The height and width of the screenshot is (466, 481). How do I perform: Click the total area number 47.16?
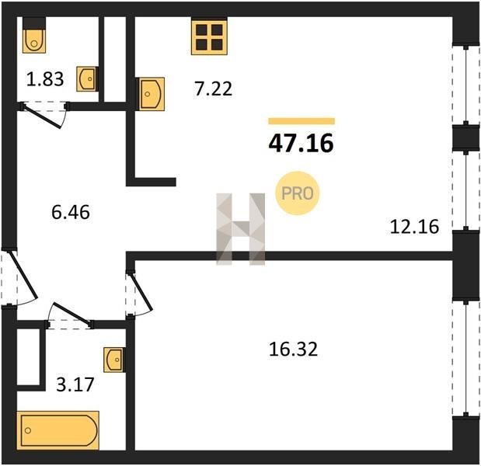301,144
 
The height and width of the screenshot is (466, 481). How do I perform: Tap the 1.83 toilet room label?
45,78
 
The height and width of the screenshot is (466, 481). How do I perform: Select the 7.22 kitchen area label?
214,89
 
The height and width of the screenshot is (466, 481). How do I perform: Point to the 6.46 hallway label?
71,212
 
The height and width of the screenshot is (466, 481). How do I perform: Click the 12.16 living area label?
414,227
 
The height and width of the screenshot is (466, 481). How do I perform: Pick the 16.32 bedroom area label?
293,349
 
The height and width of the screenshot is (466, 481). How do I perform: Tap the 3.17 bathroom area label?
75,384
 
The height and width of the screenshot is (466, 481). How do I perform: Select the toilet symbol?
34,36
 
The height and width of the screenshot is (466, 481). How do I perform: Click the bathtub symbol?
58,430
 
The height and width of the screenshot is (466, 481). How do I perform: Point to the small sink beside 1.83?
87,78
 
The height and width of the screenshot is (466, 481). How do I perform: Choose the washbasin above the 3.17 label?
114,360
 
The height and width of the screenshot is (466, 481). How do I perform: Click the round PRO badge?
298,193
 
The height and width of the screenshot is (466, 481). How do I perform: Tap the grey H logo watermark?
241,229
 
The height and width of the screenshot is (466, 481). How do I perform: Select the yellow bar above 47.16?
301,121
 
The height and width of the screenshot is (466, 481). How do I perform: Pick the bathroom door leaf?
71,313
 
